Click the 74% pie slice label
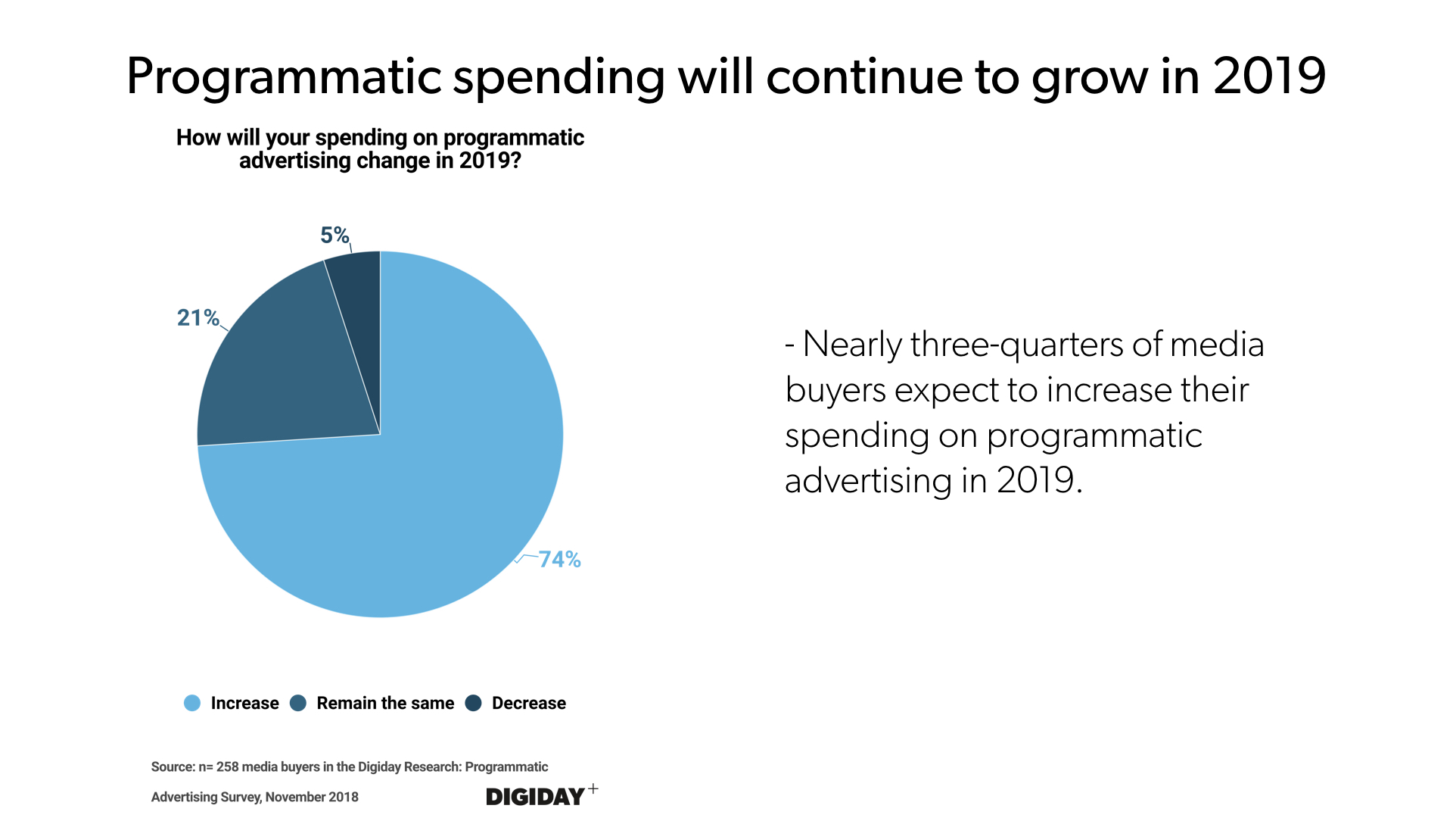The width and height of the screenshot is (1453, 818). (x=559, y=560)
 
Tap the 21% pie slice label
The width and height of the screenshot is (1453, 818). (x=198, y=317)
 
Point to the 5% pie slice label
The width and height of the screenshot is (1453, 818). (x=334, y=235)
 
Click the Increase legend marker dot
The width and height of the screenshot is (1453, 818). (x=192, y=703)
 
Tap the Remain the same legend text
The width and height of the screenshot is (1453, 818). (x=385, y=703)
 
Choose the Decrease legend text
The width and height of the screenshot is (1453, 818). (x=528, y=703)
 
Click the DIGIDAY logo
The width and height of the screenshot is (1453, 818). (x=535, y=797)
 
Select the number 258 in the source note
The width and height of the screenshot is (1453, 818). (x=227, y=766)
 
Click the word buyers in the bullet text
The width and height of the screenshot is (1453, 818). (x=835, y=391)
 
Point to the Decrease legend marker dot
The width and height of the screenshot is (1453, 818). (x=474, y=703)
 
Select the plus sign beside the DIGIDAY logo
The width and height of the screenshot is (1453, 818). (x=593, y=788)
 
